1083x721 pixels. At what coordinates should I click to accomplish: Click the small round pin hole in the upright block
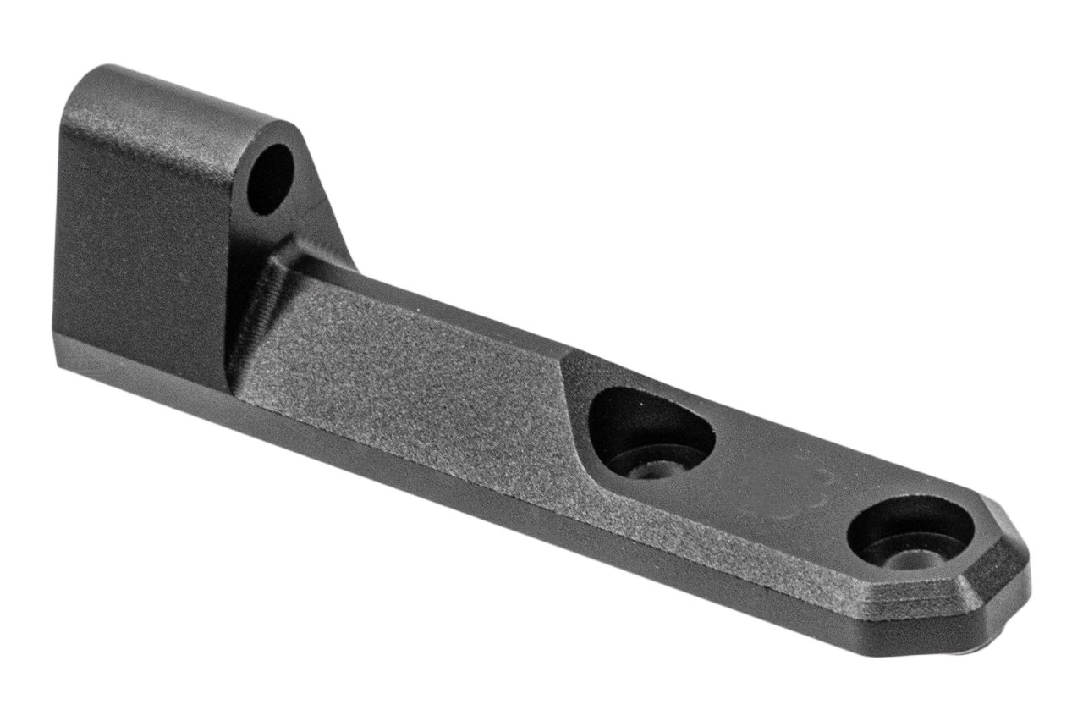(x=270, y=179)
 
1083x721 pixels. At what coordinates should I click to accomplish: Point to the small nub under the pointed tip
(x=994, y=647)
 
